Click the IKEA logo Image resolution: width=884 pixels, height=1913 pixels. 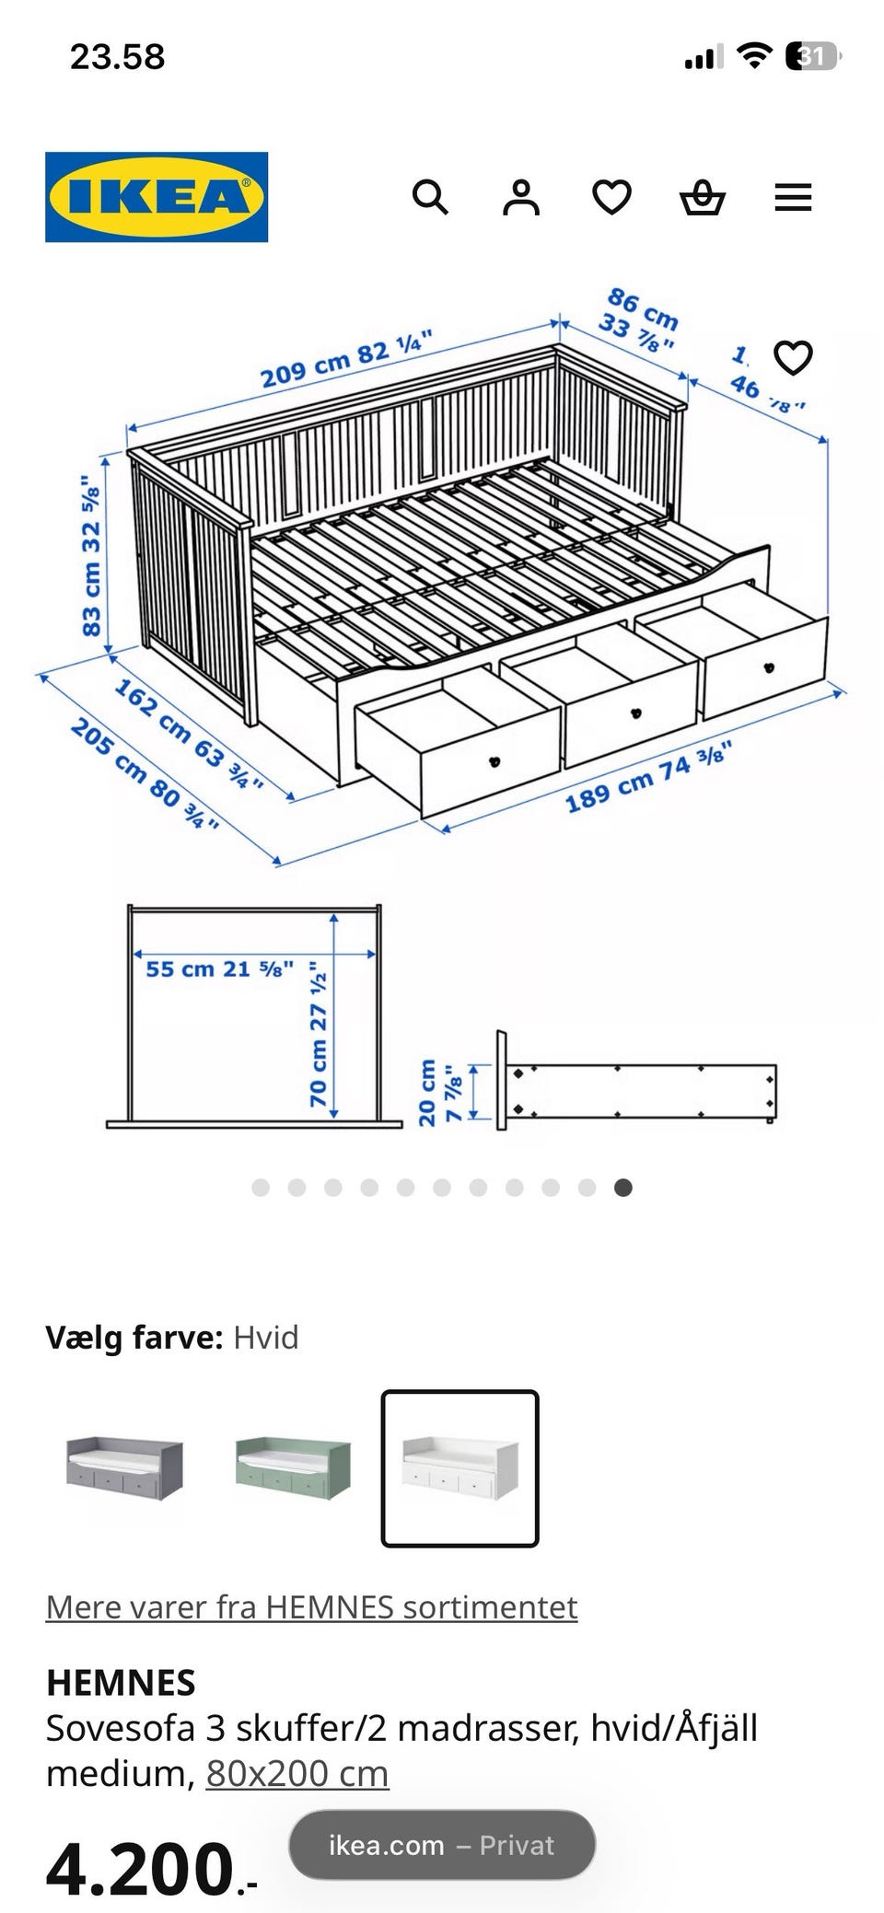click(157, 197)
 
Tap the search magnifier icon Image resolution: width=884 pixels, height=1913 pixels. click(430, 197)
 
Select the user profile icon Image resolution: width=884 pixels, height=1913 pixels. click(520, 197)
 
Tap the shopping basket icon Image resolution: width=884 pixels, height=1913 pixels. click(702, 197)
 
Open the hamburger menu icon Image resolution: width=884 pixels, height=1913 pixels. click(792, 197)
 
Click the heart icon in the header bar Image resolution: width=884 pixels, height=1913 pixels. click(611, 197)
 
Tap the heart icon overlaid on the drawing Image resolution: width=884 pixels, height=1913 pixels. click(792, 357)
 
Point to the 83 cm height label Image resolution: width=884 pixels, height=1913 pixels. click(91, 556)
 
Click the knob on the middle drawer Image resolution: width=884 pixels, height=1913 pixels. click(634, 713)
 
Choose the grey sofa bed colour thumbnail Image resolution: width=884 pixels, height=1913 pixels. click(124, 1467)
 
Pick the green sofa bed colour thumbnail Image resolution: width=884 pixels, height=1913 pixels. click(293, 1467)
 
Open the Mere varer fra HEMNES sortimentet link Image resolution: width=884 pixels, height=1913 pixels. click(311, 1606)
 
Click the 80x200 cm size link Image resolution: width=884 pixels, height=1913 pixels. click(297, 1773)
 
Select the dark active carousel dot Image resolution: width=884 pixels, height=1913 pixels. click(623, 1188)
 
